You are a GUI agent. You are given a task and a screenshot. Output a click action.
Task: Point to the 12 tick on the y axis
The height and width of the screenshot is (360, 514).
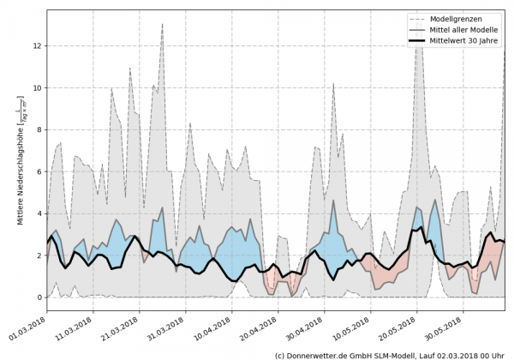click(36, 45)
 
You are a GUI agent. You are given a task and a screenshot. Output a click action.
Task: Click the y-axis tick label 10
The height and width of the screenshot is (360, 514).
click(36, 87)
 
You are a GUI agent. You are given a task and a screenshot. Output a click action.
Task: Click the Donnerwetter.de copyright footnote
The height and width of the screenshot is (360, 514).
click(390, 354)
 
